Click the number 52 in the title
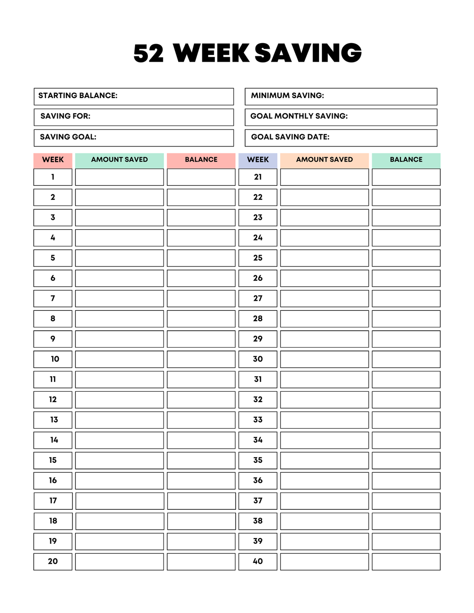pos(148,54)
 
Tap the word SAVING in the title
pos(308,53)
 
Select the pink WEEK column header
pos(53,160)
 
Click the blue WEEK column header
pos(258,160)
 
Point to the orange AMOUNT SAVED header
pos(324,160)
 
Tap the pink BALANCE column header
pos(201,160)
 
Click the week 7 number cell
pos(53,298)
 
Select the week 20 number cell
pos(53,561)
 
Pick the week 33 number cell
pos(258,420)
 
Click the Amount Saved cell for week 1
pos(119,177)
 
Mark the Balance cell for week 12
pos(201,400)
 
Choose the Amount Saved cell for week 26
pos(324,278)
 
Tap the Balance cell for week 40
pos(406,561)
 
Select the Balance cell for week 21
pos(406,177)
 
